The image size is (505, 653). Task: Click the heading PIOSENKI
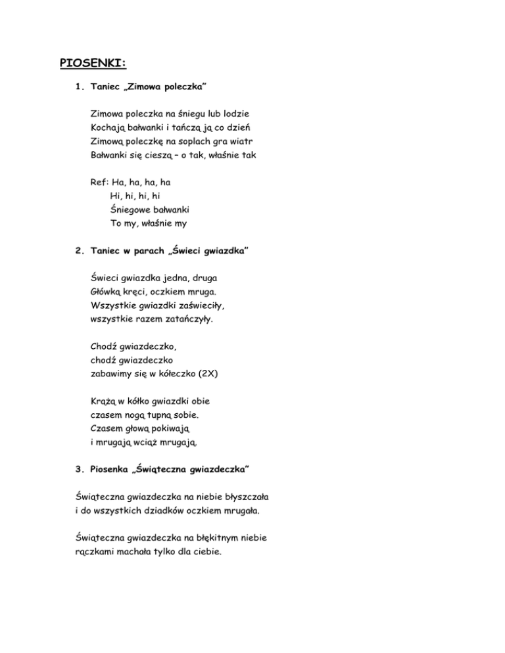coord(93,63)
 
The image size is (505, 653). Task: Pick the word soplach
coord(183,141)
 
